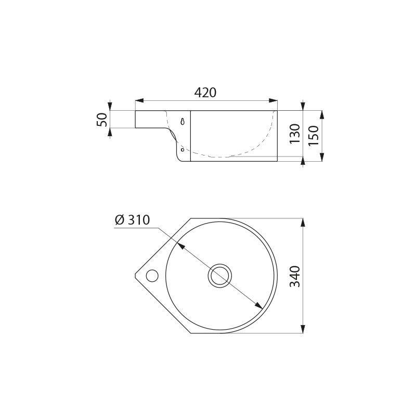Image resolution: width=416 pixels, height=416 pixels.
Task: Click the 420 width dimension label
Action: (x=205, y=93)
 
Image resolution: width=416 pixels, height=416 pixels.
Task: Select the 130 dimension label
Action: (x=294, y=134)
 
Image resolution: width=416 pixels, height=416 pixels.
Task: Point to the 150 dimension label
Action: (x=314, y=135)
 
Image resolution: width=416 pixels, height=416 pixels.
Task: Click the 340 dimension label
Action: (x=295, y=276)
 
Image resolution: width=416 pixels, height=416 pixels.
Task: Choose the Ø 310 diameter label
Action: (x=133, y=220)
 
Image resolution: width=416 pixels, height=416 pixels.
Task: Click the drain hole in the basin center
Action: (x=219, y=276)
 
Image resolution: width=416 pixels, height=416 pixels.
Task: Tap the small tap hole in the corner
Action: (x=152, y=276)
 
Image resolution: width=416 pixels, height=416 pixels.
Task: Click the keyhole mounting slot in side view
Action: (x=183, y=121)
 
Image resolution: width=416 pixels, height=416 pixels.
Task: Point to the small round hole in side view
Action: (x=183, y=150)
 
